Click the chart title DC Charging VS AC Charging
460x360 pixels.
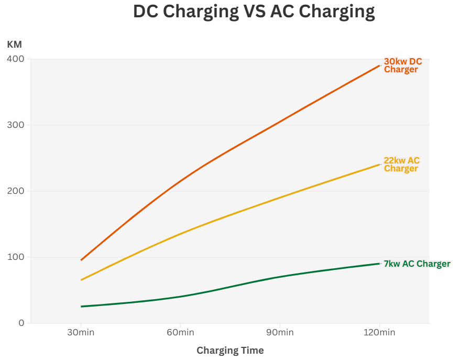pos(254,12)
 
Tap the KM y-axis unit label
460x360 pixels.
pos(14,45)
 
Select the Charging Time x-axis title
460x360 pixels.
pos(230,350)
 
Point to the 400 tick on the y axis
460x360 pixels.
pos(16,59)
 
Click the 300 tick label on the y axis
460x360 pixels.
pos(16,125)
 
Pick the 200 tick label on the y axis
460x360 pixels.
pos(16,191)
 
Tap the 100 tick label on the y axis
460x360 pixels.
pos(16,257)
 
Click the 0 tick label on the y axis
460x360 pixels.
pos(21,323)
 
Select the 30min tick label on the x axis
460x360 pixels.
pos(81,333)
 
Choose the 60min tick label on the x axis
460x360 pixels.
pos(180,333)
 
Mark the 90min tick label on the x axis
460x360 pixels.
pos(280,333)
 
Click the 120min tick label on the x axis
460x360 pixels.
pos(379,333)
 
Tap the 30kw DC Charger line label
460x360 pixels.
pos(402,66)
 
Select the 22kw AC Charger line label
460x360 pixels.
pos(401,165)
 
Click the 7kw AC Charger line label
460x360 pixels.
pos(417,264)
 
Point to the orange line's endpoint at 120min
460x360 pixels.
pos(379,66)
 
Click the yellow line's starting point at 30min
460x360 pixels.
pos(81,280)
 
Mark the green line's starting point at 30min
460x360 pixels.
pos(81,307)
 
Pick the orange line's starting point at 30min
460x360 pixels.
pos(81,260)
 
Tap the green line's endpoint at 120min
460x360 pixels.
pos(379,264)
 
